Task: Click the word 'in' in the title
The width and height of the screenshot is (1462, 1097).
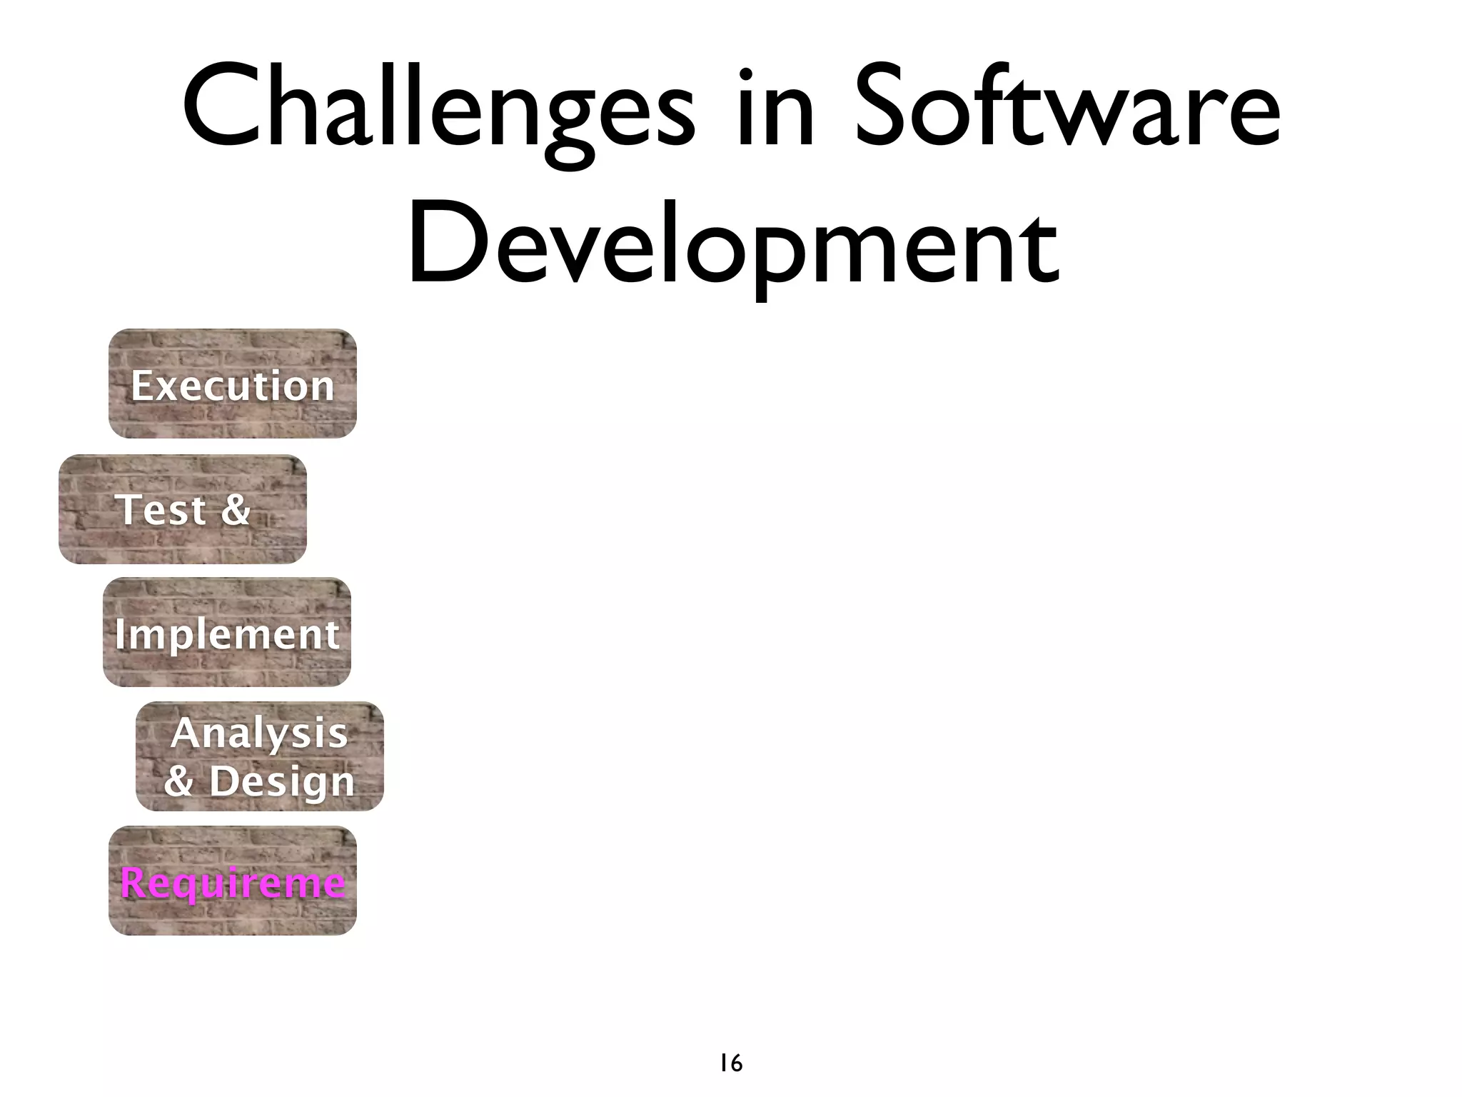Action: (x=775, y=107)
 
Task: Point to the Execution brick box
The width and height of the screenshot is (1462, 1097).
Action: (x=233, y=384)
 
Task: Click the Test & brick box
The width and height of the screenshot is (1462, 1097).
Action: (x=183, y=509)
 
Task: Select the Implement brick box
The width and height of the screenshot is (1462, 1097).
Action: (x=227, y=632)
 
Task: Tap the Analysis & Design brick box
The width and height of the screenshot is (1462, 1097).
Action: (x=260, y=756)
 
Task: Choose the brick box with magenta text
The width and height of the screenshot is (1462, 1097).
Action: (x=233, y=881)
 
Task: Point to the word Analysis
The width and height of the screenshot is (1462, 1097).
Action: (x=259, y=733)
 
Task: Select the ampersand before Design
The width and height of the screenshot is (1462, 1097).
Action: (x=178, y=780)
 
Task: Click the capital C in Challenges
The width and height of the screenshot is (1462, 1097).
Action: (x=218, y=107)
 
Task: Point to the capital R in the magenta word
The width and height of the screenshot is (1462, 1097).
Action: (x=133, y=882)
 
